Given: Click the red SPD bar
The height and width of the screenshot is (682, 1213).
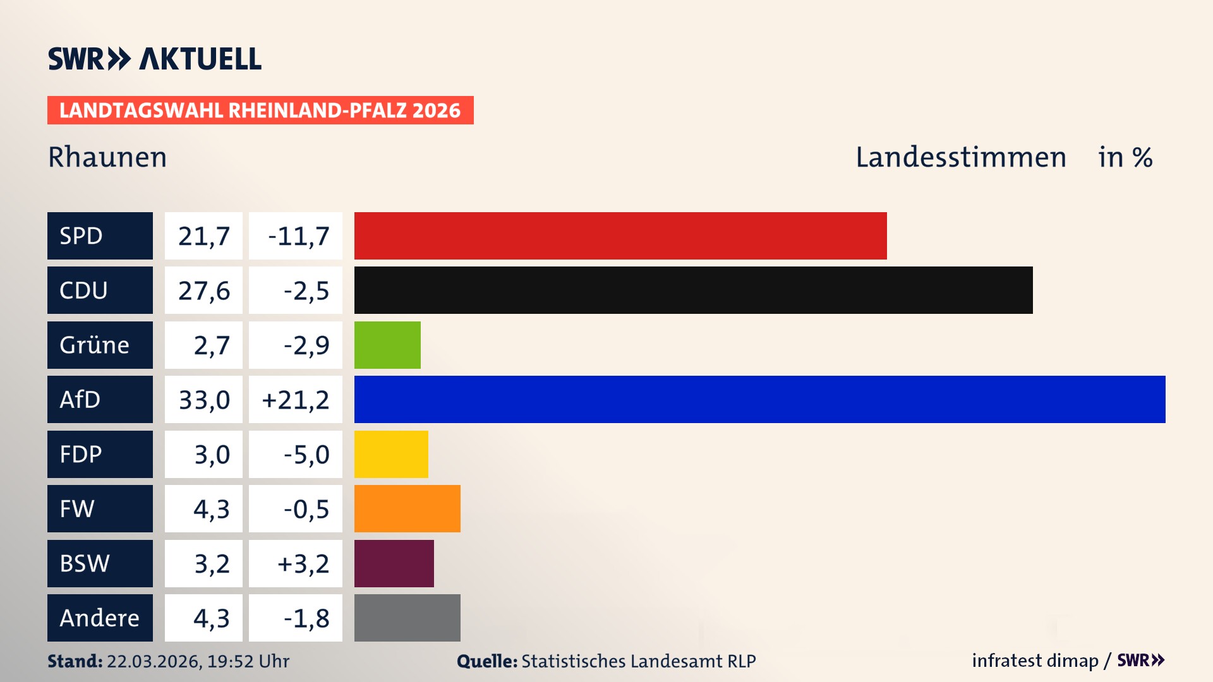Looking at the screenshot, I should (620, 236).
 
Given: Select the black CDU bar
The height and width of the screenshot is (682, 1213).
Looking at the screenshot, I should (693, 290).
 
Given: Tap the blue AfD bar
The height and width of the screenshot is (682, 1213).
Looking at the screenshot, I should (759, 399).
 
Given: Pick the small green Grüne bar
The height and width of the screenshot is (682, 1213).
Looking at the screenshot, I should (387, 345).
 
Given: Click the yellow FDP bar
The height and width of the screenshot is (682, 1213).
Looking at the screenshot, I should (391, 454).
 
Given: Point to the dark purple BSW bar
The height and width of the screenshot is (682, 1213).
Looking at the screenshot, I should (394, 563).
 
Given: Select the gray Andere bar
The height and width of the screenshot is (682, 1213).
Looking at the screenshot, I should (407, 618).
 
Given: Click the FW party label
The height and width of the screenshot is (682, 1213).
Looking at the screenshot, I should (100, 509).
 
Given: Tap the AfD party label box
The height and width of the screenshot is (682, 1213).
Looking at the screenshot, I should (100, 399).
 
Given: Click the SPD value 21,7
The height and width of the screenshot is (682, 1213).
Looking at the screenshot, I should (203, 236).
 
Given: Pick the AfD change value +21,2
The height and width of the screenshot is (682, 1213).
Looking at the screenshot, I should (295, 400).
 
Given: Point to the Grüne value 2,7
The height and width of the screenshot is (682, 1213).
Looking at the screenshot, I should (211, 345).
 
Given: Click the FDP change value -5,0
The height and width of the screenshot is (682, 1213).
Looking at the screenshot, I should (306, 455).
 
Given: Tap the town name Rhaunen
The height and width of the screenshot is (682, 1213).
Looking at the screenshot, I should (107, 157).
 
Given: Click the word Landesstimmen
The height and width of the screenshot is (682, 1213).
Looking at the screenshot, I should (960, 157).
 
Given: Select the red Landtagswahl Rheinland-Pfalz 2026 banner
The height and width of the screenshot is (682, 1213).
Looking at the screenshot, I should (260, 111).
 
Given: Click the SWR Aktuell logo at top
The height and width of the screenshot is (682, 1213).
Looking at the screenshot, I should (155, 59).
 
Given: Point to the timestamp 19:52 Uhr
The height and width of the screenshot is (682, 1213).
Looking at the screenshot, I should (248, 661).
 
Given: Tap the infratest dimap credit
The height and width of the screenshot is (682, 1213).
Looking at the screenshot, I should (1034, 661).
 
